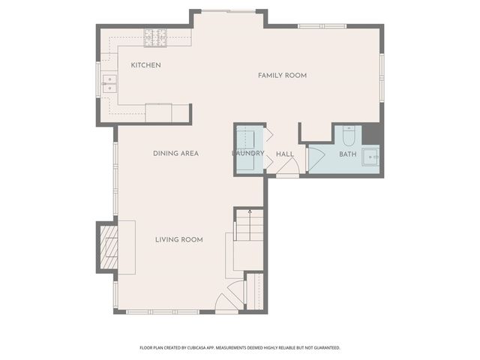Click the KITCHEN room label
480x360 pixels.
(145, 65)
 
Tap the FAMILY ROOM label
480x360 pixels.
(282, 75)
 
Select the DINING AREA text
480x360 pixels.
(175, 153)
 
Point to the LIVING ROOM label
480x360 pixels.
(178, 239)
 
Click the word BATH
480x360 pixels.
(347, 154)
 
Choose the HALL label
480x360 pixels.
(284, 154)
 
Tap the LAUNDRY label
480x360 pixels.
(247, 153)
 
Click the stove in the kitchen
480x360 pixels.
(157, 34)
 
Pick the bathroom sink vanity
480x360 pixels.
(370, 157)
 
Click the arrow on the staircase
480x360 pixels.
(249, 214)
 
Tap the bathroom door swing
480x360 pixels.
(314, 157)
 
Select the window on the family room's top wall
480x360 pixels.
(322, 26)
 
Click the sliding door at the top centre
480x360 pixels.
(229, 11)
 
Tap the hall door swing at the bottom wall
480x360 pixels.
(286, 170)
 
